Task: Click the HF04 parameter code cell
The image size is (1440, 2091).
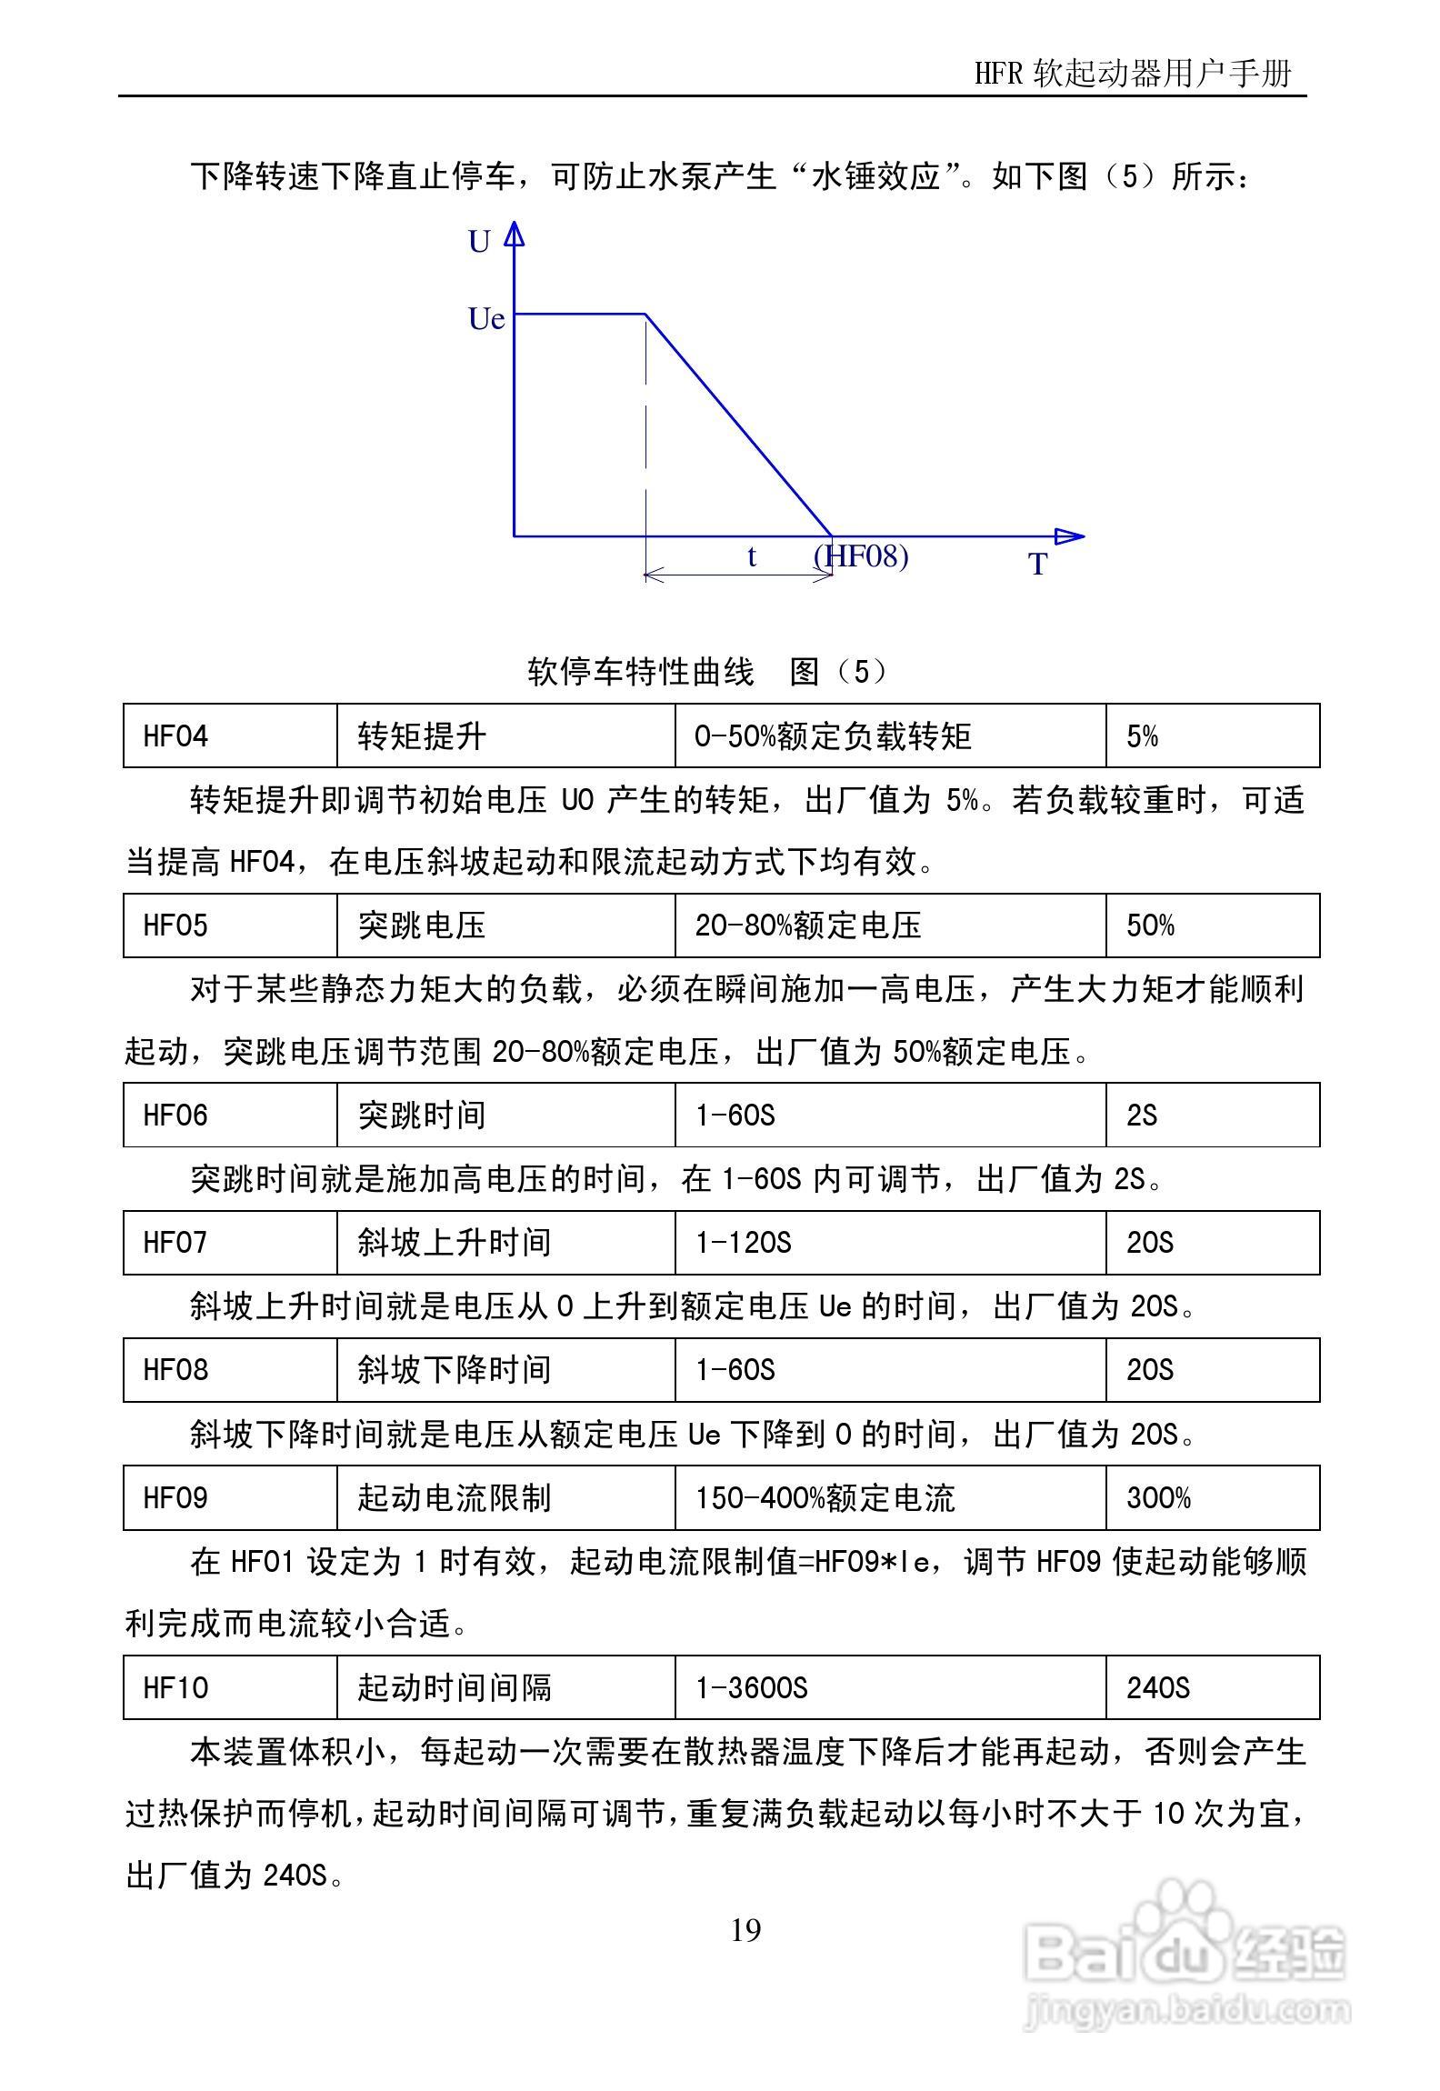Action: (x=175, y=735)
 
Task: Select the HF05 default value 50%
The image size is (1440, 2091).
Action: (x=1150, y=925)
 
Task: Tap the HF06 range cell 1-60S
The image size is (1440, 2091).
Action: (x=735, y=1116)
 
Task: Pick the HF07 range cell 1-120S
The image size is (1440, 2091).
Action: (x=743, y=1243)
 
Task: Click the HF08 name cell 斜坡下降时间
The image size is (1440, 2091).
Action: (x=454, y=1370)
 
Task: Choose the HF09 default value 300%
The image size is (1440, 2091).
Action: (x=1158, y=1498)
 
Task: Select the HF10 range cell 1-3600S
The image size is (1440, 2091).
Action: (x=751, y=1688)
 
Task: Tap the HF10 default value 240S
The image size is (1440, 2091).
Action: (x=1157, y=1688)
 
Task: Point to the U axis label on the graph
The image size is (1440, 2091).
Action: (x=479, y=242)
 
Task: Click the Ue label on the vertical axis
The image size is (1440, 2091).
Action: (x=486, y=319)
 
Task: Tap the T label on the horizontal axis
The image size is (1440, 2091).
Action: (x=1038, y=565)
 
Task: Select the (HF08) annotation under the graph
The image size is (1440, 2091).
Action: (x=861, y=555)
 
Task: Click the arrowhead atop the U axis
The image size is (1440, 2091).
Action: (x=515, y=234)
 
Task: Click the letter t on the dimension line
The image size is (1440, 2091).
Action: (x=751, y=556)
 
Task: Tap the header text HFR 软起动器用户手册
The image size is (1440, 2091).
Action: (x=1133, y=74)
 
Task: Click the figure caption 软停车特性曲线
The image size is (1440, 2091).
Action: (x=641, y=672)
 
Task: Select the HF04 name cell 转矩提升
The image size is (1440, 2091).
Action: (x=422, y=735)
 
